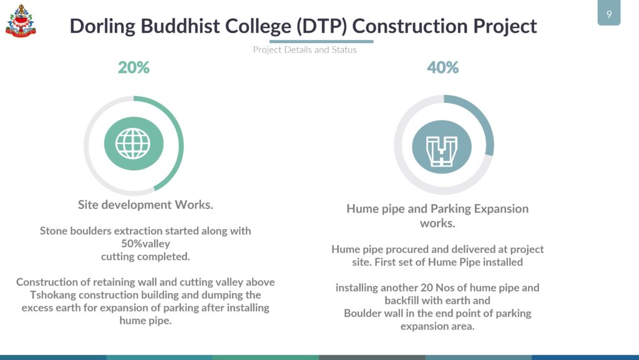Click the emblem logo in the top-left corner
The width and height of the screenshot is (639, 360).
tap(21, 21)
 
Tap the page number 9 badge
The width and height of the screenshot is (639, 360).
tap(609, 13)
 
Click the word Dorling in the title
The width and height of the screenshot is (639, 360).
tap(102, 26)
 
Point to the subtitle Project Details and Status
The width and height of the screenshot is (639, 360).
tap(305, 50)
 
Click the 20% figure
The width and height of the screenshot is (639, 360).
tap(134, 67)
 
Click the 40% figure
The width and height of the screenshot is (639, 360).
tap(443, 67)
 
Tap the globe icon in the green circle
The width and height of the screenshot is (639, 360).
tap(134, 144)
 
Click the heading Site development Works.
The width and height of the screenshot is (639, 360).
tap(145, 205)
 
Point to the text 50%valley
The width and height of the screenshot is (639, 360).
tap(145, 244)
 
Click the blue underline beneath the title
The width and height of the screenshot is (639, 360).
tap(321, 41)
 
